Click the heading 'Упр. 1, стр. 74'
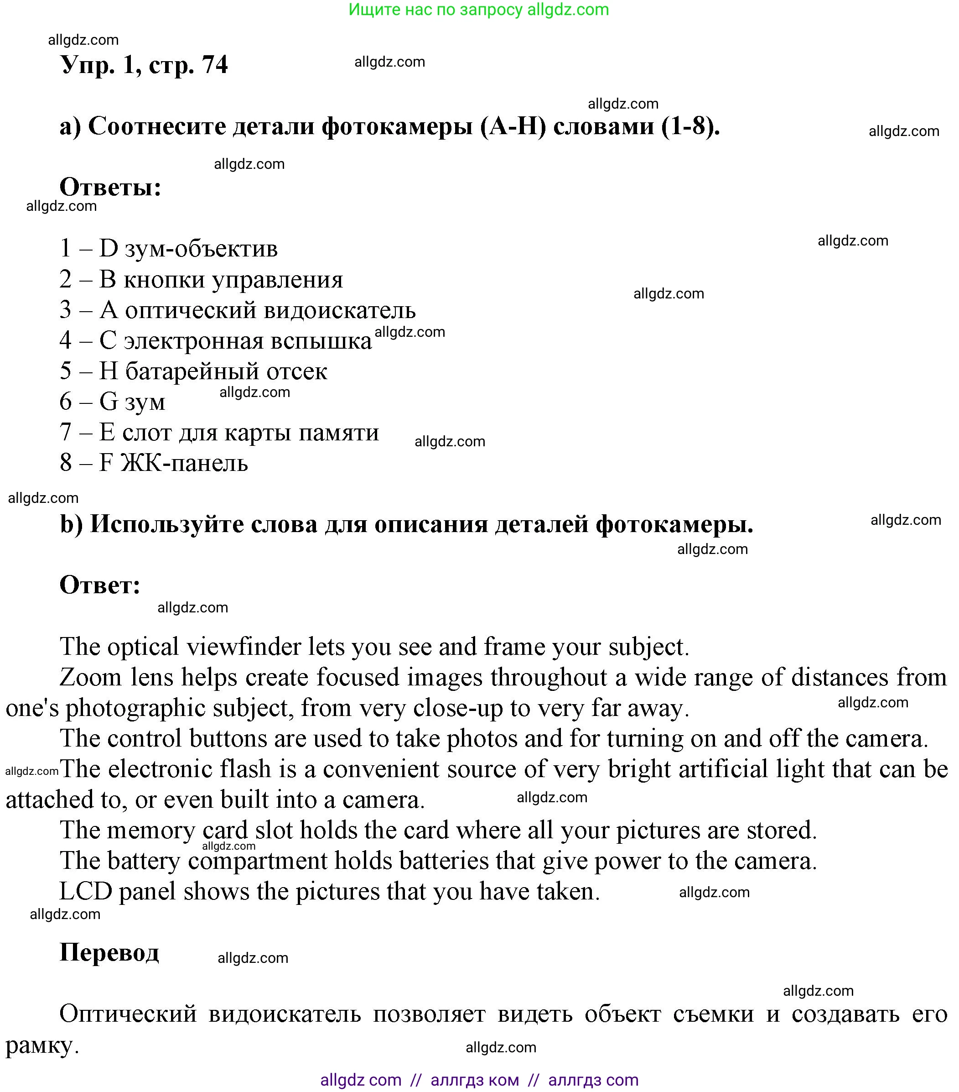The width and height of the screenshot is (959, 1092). [x=144, y=65]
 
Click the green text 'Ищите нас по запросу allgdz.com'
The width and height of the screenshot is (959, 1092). [x=478, y=10]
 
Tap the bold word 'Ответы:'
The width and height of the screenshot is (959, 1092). [x=110, y=188]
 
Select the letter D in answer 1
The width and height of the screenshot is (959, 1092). [x=109, y=248]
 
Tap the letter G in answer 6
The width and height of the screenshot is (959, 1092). [x=109, y=402]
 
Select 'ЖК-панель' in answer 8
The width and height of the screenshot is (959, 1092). [x=184, y=463]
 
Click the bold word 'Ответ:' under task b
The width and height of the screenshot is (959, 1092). [x=100, y=585]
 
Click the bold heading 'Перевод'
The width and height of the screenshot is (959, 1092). [x=109, y=952]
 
